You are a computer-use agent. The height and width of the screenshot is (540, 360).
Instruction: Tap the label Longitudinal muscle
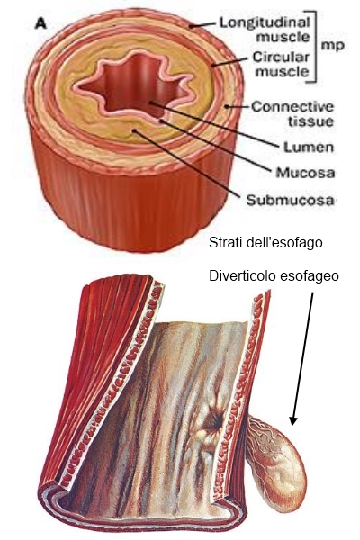pyautogui.click(x=265, y=30)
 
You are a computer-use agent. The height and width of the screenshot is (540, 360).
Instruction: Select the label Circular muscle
pyautogui.click(x=281, y=64)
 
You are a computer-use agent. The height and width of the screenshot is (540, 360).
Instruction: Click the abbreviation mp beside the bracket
pyautogui.click(x=332, y=45)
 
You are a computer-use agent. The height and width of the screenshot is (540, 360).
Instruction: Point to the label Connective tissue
pyautogui.click(x=292, y=113)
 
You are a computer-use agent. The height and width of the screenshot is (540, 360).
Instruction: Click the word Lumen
pyautogui.click(x=309, y=147)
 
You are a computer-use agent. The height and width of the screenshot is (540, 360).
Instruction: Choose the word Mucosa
pyautogui.click(x=305, y=172)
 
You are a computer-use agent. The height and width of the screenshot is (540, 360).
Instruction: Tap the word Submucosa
pyautogui.click(x=290, y=200)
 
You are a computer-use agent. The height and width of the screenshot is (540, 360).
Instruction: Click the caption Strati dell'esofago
pyautogui.click(x=265, y=242)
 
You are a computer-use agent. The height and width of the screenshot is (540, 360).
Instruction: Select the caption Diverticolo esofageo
pyautogui.click(x=274, y=276)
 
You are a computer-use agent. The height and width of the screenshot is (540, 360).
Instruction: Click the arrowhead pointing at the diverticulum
pyautogui.click(x=293, y=421)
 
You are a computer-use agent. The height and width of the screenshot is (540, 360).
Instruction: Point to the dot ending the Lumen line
pyautogui.click(x=150, y=103)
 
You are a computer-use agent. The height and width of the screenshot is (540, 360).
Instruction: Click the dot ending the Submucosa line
pyautogui.click(x=134, y=130)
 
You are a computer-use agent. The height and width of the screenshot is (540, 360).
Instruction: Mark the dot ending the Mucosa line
pyautogui.click(x=161, y=121)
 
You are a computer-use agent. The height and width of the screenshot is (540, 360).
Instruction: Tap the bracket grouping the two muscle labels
pyautogui.click(x=313, y=47)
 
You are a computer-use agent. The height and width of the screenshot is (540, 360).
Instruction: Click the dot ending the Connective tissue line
pyautogui.click(x=227, y=106)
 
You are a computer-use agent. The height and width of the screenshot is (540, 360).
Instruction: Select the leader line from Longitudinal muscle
pyautogui.click(x=202, y=25)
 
